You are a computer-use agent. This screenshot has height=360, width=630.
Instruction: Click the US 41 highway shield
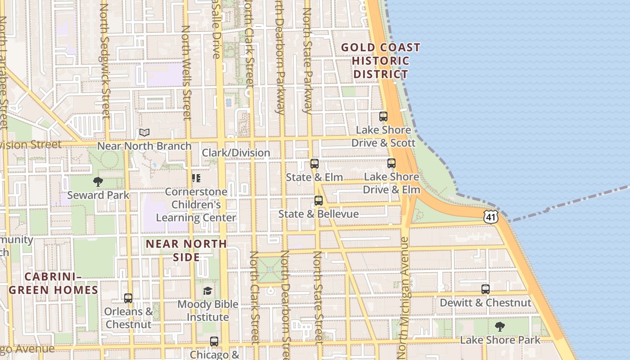[491, 216]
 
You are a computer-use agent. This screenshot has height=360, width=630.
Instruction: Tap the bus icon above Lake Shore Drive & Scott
[383, 117]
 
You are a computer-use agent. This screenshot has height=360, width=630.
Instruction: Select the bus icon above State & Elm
[315, 164]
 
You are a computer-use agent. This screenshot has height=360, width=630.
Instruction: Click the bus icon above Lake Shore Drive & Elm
[391, 163]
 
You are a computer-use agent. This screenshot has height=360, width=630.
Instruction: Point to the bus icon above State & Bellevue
[319, 201]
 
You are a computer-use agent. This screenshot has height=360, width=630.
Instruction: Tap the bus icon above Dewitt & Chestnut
[486, 289]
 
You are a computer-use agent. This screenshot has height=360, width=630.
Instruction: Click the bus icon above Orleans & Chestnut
[128, 298]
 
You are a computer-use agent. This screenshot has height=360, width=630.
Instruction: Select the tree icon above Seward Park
[98, 182]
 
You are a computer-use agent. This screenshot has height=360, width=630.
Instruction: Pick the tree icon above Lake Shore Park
[499, 327]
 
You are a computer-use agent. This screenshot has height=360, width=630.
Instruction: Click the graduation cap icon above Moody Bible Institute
[207, 291]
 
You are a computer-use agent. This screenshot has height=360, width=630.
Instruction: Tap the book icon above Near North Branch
[144, 133]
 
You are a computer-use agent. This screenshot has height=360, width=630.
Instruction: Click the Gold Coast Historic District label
[381, 61]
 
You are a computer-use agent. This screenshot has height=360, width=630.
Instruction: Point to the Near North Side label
[186, 250]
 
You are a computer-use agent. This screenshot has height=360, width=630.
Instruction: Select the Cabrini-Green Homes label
[54, 283]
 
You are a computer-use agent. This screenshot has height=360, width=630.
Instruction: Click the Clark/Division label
[236, 153]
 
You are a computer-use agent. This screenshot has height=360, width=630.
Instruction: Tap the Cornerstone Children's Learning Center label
[196, 205]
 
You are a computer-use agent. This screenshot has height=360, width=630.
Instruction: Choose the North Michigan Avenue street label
[403, 297]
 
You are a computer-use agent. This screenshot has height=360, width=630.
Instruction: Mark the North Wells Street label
[186, 72]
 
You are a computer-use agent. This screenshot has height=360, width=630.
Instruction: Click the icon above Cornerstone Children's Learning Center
[196, 178]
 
